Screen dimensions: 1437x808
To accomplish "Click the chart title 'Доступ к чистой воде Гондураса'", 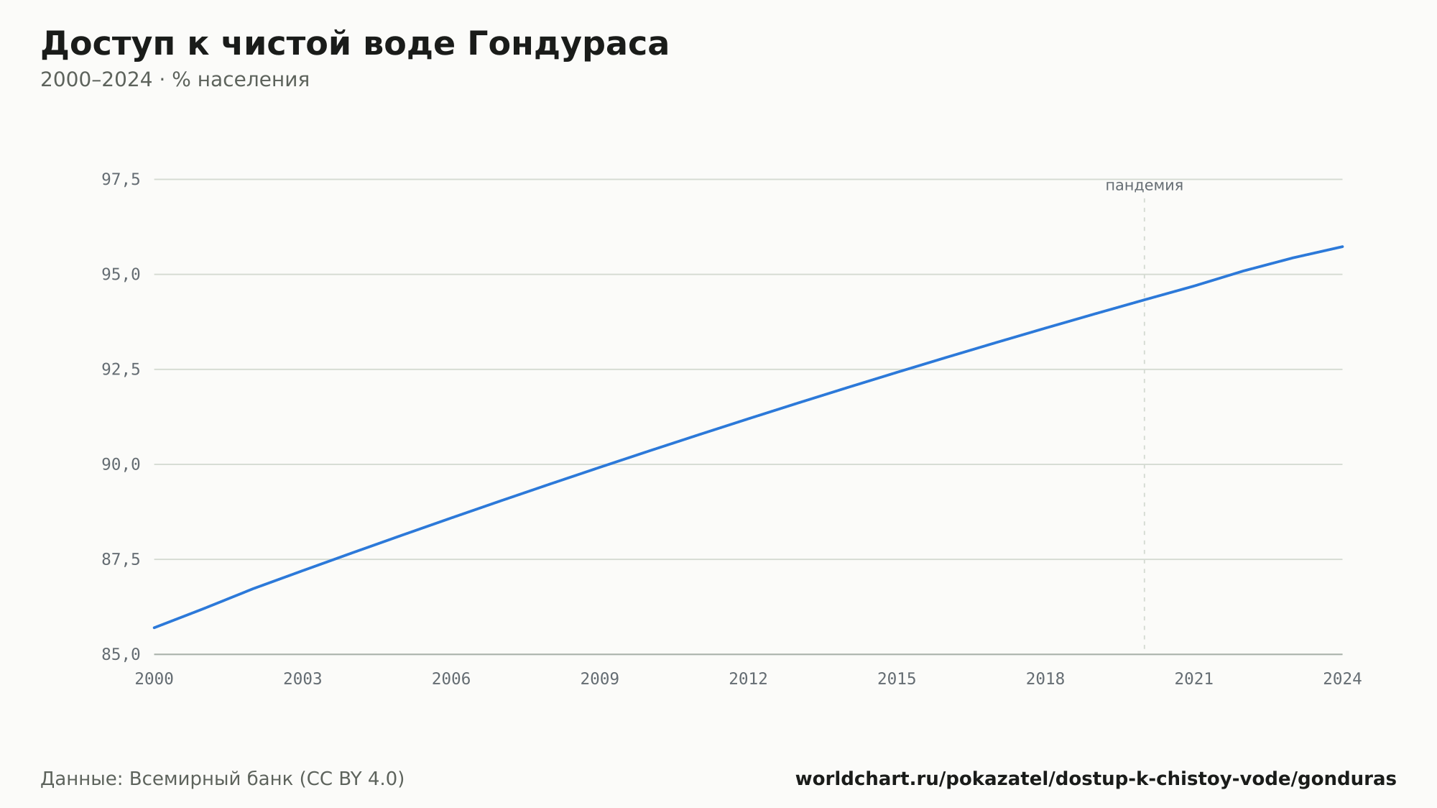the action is click(x=355, y=45).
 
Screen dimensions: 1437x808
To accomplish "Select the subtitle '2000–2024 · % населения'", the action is click(x=175, y=80).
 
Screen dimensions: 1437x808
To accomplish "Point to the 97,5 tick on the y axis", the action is click(x=121, y=180).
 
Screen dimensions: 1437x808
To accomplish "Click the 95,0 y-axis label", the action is click(x=121, y=275).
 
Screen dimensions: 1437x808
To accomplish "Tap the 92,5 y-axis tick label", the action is click(x=121, y=369).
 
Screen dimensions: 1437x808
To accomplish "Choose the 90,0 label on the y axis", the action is click(x=121, y=464).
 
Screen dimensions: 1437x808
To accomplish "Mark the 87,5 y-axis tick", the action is click(x=121, y=559).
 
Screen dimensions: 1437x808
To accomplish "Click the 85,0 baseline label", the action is click(x=121, y=654).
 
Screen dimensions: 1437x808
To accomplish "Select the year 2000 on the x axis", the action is click(x=154, y=679).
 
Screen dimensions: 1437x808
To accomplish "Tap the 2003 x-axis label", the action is click(x=302, y=679).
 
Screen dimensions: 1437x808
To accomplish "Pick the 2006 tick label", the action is click(x=451, y=679).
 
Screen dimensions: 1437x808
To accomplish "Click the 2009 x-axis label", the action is click(x=600, y=679).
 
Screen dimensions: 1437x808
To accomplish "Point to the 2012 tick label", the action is click(x=749, y=679).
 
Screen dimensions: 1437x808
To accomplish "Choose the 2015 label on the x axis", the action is click(x=897, y=679).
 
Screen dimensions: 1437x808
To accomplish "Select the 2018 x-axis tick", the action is click(x=1045, y=679).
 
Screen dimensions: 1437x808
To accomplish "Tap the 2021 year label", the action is click(x=1194, y=679).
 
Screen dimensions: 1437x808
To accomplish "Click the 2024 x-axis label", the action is click(x=1342, y=679).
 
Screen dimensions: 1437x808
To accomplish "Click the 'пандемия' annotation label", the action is click(x=1144, y=185).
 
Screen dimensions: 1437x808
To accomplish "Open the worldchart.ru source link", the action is click(x=1096, y=779).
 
